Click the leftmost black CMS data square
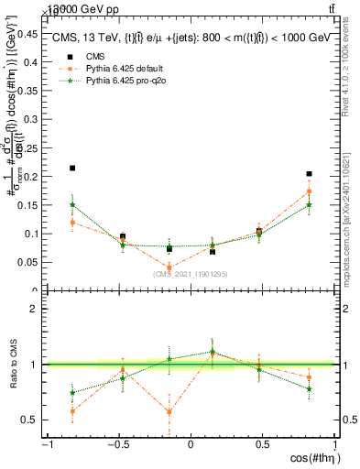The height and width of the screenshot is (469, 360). [72, 169]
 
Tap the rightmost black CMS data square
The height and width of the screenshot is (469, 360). [310, 174]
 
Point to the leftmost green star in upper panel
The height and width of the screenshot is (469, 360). [72, 205]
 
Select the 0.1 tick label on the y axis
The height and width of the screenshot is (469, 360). [31, 234]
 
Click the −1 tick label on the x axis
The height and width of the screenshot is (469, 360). [45, 444]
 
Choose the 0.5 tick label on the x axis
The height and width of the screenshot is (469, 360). [261, 444]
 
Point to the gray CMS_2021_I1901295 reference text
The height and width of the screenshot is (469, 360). [190, 274]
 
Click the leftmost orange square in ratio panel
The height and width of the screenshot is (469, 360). [72, 411]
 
